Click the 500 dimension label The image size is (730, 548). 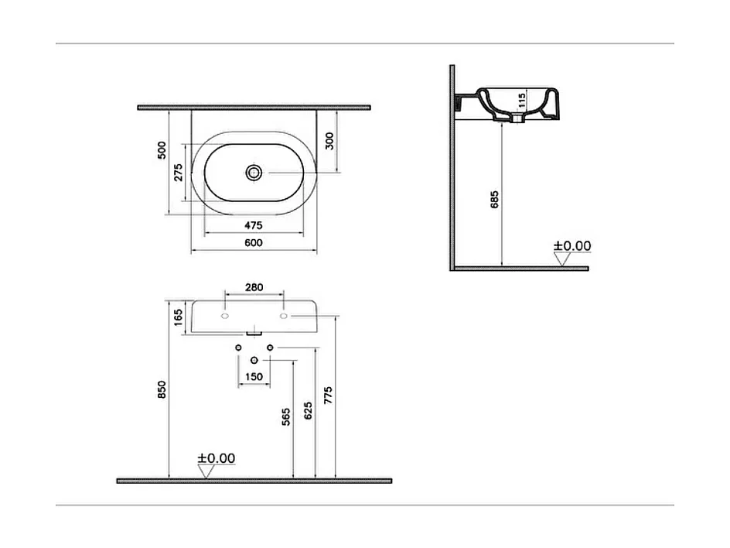click(x=162, y=149)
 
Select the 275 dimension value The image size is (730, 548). click(x=179, y=173)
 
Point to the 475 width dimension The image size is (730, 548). click(x=254, y=225)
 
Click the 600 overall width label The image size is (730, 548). click(x=254, y=243)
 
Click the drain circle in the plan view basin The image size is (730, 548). click(x=254, y=172)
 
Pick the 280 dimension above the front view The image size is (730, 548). click(x=254, y=287)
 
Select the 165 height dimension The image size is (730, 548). click(x=178, y=317)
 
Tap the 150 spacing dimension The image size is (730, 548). click(x=254, y=377)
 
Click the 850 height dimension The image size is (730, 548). click(x=162, y=389)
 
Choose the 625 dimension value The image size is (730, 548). click(x=309, y=411)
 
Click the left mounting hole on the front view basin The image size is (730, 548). click(x=224, y=317)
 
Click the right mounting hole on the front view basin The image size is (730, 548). click(x=284, y=317)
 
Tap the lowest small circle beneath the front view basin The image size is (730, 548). click(x=254, y=361)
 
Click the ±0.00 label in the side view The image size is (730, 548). click(x=572, y=246)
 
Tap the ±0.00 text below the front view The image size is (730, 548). click(x=216, y=458)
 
